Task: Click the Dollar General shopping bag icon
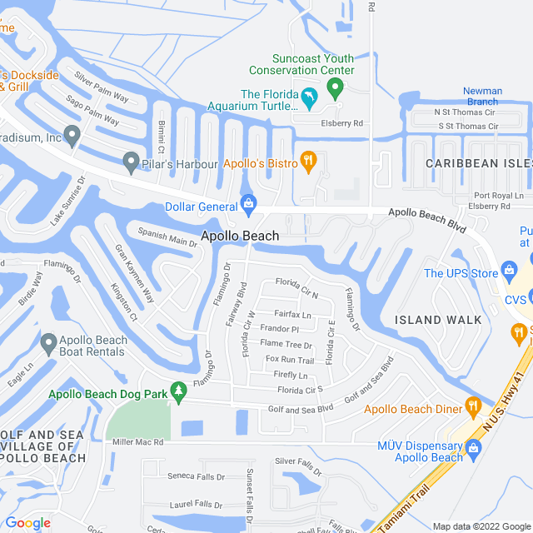(x=248, y=203)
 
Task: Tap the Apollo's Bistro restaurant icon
(x=308, y=161)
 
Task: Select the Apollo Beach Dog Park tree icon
(x=177, y=390)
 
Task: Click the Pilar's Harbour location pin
(x=130, y=159)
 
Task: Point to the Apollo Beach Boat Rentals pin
(x=47, y=342)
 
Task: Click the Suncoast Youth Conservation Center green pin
(x=335, y=87)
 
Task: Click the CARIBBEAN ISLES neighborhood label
(x=478, y=164)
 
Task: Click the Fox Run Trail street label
(x=290, y=360)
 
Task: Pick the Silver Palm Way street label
(x=102, y=86)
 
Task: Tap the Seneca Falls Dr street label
(x=197, y=477)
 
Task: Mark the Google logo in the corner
(x=27, y=522)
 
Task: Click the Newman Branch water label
(x=483, y=97)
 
